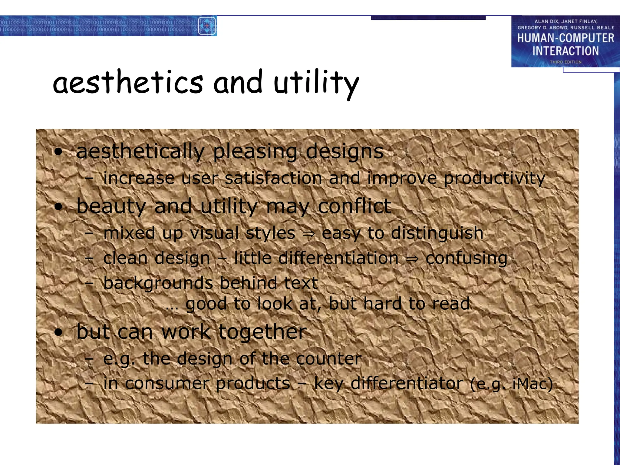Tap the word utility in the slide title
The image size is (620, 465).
click(x=316, y=83)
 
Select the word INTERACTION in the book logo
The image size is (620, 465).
click(x=566, y=51)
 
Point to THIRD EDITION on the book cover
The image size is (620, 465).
click(x=566, y=62)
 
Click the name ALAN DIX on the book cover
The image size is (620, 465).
click(x=546, y=21)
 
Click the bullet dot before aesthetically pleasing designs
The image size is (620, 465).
click(x=58, y=152)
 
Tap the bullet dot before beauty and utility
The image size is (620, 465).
click(x=58, y=207)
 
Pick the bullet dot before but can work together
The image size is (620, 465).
click(x=58, y=332)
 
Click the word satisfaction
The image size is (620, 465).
click(x=273, y=178)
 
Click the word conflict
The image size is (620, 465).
click(x=355, y=206)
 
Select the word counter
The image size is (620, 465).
click(x=328, y=359)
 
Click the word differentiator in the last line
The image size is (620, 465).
click(x=407, y=384)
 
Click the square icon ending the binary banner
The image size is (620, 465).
click(x=207, y=26)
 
